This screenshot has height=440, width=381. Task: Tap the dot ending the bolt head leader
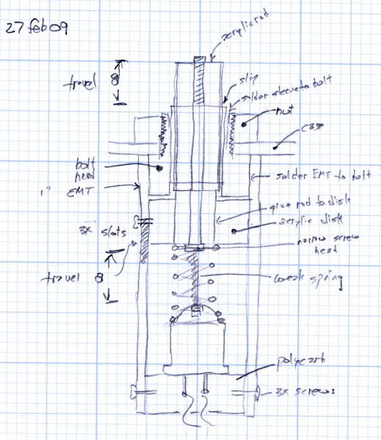[160, 169]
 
